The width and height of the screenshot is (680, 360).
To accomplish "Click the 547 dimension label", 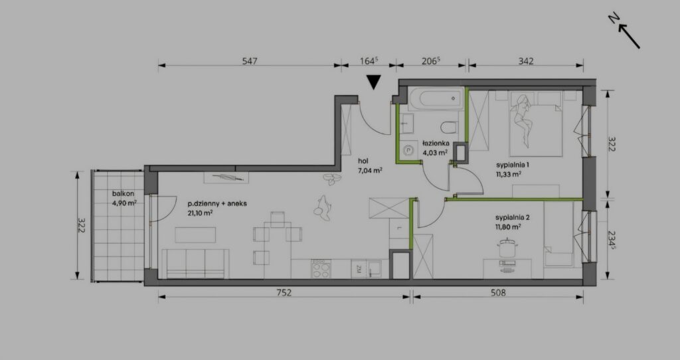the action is (250, 61).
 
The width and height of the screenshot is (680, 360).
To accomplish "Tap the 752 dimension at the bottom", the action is (284, 293).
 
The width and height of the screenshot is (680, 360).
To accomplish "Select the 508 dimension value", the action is (498, 293).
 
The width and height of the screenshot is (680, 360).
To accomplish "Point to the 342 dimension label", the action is (526, 61).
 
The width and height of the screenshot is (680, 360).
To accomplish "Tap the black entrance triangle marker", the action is (373, 82).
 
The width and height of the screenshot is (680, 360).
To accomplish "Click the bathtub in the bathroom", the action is (435, 98).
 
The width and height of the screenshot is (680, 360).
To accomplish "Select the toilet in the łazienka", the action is (449, 128).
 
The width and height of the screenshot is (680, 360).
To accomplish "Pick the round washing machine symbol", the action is (408, 150).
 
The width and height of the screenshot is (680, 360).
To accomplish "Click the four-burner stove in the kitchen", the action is (321, 269).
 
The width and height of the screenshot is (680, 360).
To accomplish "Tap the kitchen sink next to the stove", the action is (373, 269).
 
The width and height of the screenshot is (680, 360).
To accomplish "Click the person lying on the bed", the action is (523, 120).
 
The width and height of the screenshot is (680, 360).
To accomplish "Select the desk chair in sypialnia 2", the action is (506, 248).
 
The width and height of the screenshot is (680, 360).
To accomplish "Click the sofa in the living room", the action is (195, 264).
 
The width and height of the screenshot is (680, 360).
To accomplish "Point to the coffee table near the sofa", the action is (195, 234).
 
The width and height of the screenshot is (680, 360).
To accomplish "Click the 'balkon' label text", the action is (123, 194).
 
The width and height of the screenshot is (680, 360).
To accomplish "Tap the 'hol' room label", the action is (363, 161).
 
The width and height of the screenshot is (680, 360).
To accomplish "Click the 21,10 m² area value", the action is (200, 213).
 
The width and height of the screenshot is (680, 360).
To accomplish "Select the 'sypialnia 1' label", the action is (513, 165).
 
